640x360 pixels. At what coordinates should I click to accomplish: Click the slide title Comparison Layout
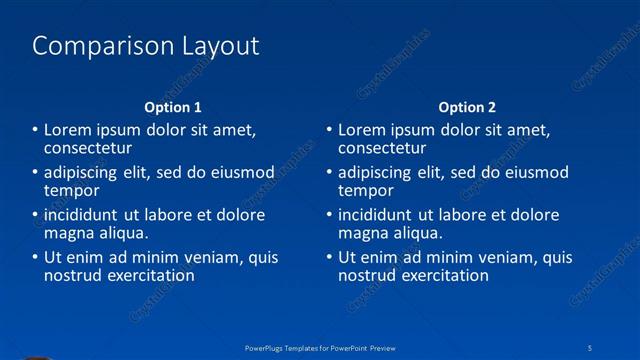click(146, 46)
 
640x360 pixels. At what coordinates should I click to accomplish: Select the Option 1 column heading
click(173, 107)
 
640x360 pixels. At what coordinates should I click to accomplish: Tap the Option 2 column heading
click(467, 107)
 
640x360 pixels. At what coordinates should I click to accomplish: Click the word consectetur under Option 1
click(89, 147)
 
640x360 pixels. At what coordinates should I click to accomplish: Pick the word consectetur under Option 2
click(383, 147)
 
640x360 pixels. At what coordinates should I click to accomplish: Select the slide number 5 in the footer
click(591, 347)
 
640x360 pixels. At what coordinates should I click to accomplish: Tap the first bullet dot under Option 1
click(35, 130)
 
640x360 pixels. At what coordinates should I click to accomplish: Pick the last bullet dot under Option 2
click(329, 258)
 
